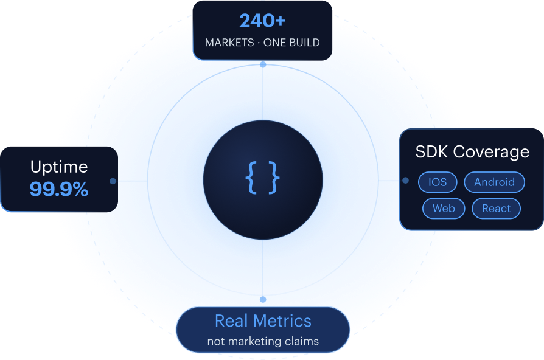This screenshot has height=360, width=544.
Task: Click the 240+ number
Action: [x=262, y=21]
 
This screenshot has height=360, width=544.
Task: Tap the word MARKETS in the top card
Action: [x=229, y=43]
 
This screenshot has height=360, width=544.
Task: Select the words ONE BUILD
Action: [x=291, y=43]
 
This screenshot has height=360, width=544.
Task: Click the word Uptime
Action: [x=59, y=167]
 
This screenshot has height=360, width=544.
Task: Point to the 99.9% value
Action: [x=59, y=189]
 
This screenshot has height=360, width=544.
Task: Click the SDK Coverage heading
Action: [x=472, y=152]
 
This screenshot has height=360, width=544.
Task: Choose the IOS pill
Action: [x=438, y=182]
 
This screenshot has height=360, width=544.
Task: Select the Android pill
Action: [x=494, y=182]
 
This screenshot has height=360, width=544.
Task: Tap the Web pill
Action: [x=444, y=209]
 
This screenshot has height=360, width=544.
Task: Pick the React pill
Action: [x=496, y=209]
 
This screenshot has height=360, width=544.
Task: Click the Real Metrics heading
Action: [x=263, y=321]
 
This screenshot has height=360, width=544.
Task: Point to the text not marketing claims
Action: [x=263, y=341]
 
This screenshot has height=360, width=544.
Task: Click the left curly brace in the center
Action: [x=251, y=178]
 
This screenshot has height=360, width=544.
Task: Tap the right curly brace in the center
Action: [x=274, y=178]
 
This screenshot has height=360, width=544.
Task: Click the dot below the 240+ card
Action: [x=263, y=64]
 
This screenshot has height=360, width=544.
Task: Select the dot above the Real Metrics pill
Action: [x=263, y=299]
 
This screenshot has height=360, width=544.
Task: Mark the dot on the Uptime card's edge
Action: [x=113, y=181]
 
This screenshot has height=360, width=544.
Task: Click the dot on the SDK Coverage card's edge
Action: [x=406, y=181]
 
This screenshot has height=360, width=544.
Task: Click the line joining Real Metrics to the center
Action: [x=263, y=268]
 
